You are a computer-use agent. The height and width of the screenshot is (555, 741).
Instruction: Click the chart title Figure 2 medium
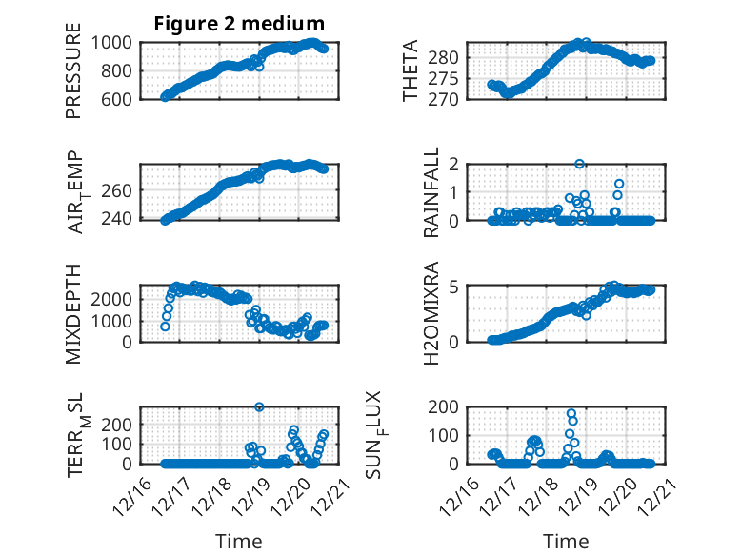(239, 24)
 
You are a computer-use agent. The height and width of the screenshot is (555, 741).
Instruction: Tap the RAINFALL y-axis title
(431, 192)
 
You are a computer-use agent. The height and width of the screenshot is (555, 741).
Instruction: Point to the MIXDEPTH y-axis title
(73, 313)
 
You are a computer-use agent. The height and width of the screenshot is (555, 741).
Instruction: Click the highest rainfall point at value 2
(579, 165)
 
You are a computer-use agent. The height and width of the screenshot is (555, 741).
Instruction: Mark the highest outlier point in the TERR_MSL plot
(259, 406)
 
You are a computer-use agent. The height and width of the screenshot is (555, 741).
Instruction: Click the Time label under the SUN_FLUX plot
(566, 541)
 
